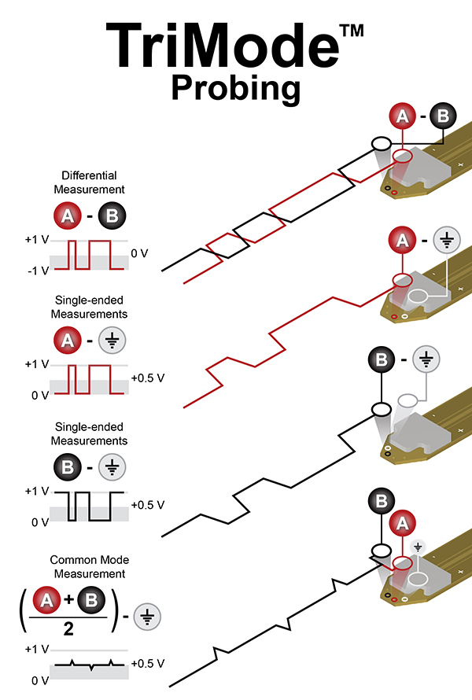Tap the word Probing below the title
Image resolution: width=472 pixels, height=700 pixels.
(236, 88)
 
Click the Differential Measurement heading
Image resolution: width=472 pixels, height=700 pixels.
(89, 183)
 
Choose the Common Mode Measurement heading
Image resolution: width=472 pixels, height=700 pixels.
(89, 567)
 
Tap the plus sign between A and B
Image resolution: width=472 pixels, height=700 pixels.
(68, 603)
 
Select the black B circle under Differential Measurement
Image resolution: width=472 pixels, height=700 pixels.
(111, 215)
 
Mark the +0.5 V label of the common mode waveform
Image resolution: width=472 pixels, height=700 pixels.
(148, 663)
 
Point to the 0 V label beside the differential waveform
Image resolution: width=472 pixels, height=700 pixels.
(139, 253)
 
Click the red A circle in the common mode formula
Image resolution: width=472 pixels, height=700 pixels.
(47, 603)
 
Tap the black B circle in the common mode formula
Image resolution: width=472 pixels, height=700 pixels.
(90, 603)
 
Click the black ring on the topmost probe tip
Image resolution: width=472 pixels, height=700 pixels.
(382, 144)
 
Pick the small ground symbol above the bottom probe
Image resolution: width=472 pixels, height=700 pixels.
(419, 545)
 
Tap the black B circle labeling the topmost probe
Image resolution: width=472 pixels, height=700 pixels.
(443, 117)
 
